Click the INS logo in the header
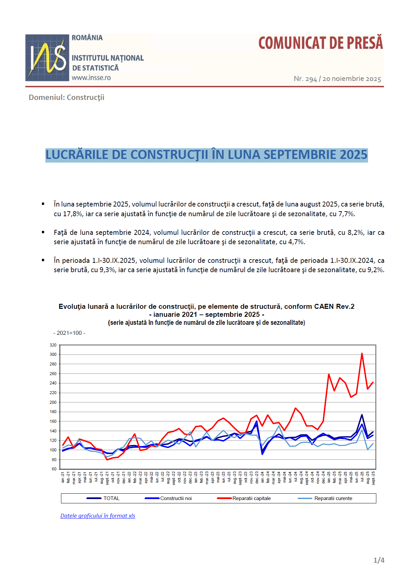(x=47, y=58)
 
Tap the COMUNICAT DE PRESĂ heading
(x=321, y=43)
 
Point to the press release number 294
(x=311, y=79)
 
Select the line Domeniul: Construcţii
(x=66, y=97)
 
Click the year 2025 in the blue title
(x=353, y=155)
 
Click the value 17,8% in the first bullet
(x=73, y=214)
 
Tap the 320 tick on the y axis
(x=53, y=345)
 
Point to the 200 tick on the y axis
(x=53, y=402)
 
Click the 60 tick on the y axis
(x=54, y=469)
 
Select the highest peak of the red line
(x=362, y=353)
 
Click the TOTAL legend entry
(x=111, y=498)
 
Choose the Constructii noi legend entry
(x=176, y=498)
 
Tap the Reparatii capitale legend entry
(x=251, y=498)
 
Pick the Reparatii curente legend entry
(x=333, y=498)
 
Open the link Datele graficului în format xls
(x=98, y=516)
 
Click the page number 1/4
(x=379, y=560)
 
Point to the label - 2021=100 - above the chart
(x=69, y=333)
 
